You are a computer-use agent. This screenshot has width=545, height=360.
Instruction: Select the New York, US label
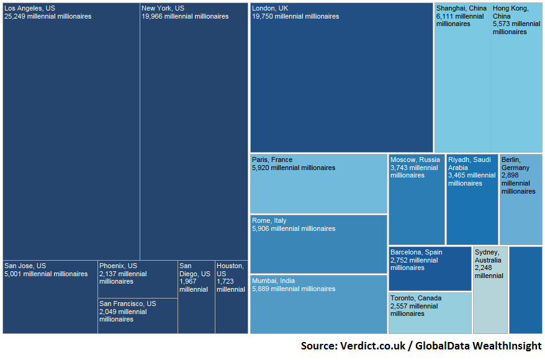tap(163, 8)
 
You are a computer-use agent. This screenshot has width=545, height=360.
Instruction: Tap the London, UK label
tap(270, 8)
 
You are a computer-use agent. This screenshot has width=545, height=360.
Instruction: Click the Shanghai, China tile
tap(462, 78)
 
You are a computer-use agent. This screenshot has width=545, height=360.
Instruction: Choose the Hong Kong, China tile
tap(516, 78)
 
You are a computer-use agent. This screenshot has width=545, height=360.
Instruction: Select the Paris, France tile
tap(318, 184)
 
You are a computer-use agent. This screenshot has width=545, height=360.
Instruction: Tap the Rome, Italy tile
tap(318, 244)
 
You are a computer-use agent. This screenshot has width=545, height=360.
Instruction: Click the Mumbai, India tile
tap(318, 304)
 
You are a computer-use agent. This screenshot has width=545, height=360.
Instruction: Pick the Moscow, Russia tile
tap(417, 199)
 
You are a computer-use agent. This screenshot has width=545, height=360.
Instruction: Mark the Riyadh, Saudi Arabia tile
tap(472, 199)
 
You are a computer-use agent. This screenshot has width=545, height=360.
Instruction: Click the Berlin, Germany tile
tap(521, 199)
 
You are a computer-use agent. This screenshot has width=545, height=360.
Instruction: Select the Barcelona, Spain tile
tap(430, 269)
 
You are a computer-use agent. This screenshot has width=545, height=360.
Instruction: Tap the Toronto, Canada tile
tap(430, 313)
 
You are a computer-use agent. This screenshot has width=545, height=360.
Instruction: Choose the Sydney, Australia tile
tap(490, 290)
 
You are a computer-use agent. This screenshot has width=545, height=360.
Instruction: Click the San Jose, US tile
tap(50, 297)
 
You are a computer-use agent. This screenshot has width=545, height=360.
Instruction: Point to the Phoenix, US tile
tap(137, 279)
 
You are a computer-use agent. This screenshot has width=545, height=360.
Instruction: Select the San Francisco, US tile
tap(137, 316)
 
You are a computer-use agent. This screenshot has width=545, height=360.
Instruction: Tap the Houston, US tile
tap(232, 297)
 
